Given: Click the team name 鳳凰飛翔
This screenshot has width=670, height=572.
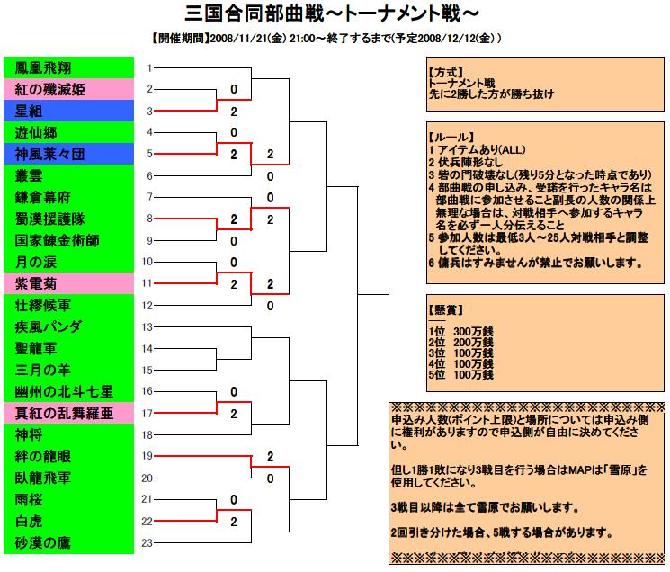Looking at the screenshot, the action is (x=43, y=68).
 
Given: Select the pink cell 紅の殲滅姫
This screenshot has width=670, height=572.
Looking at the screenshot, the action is (x=68, y=89).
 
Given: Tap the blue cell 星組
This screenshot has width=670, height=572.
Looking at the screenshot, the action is (x=68, y=111).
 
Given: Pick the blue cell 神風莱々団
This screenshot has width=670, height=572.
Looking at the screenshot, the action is (x=68, y=154).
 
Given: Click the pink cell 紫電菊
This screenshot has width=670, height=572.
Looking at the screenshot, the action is (x=68, y=283).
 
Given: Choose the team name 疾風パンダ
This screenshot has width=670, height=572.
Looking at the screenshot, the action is (x=48, y=326).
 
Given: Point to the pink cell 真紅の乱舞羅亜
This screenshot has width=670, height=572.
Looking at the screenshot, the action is (x=68, y=413).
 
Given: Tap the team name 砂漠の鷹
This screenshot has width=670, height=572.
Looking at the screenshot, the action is (x=42, y=542).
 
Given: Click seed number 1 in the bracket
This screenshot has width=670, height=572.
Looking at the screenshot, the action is (x=150, y=68).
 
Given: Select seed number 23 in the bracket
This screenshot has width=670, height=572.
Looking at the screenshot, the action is (x=147, y=542).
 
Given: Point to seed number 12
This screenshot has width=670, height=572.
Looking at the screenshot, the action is (x=147, y=306).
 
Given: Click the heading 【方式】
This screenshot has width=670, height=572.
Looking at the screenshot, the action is (x=446, y=73).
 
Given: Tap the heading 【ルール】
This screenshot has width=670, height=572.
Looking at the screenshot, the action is (x=451, y=137).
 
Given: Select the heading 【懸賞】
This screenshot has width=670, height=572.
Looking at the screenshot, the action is (x=446, y=309).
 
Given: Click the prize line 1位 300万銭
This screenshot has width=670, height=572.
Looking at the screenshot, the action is (x=461, y=332).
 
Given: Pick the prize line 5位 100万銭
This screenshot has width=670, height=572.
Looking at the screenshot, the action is (x=461, y=375).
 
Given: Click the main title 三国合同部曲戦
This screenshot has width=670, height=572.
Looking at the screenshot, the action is (x=255, y=13).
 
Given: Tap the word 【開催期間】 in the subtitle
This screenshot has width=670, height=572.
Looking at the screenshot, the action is (x=180, y=39).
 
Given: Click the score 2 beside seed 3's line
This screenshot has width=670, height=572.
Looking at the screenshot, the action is (x=234, y=112).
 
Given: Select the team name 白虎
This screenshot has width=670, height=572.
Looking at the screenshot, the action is (x=28, y=521).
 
